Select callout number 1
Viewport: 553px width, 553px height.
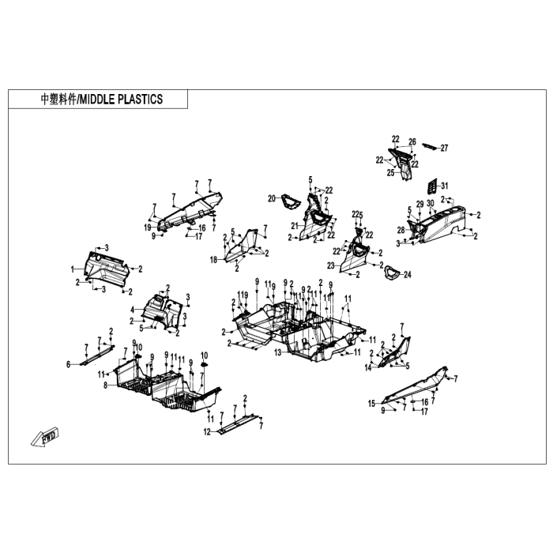(73, 270)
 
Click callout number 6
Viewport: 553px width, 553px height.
(68, 364)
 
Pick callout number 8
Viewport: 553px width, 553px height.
(105, 385)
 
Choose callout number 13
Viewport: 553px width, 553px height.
(277, 352)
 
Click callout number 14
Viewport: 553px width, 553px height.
(368, 368)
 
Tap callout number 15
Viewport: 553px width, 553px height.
(371, 404)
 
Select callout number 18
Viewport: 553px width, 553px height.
(213, 260)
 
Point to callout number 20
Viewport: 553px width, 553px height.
(271, 197)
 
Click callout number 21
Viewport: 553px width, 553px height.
(295, 226)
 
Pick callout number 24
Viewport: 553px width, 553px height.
(408, 275)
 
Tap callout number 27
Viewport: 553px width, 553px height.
(444, 148)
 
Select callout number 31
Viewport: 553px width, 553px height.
(444, 185)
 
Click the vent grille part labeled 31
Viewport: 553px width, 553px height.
(431, 186)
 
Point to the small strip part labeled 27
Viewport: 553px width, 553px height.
(428, 145)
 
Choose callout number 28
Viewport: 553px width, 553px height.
(401, 230)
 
